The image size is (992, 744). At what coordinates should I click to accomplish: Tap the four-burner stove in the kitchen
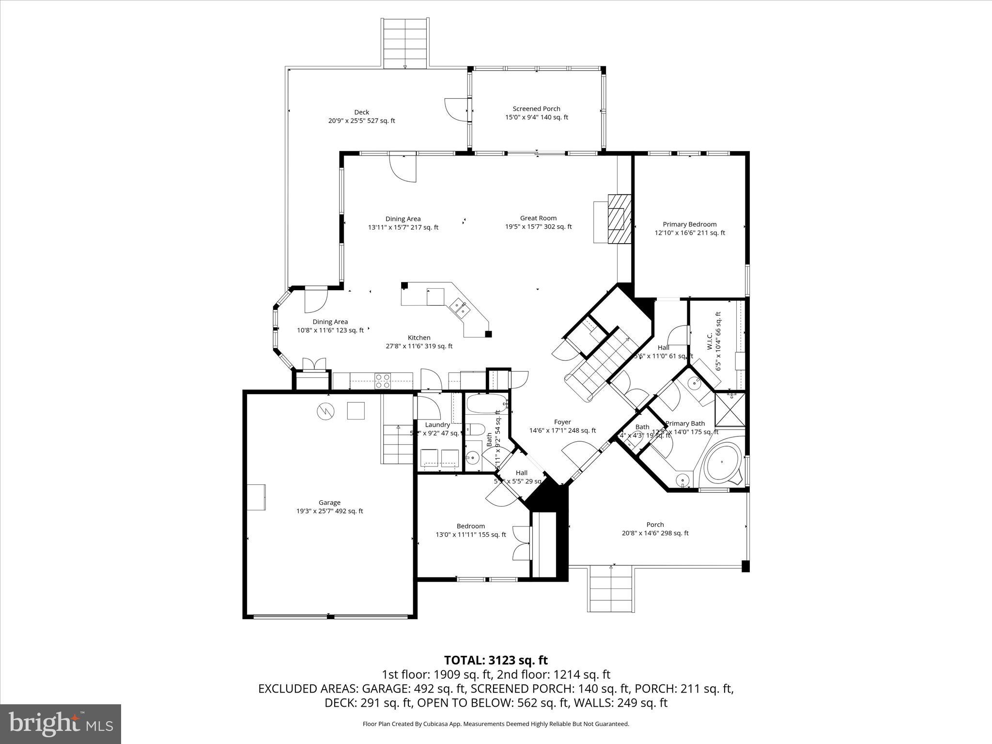[383, 381]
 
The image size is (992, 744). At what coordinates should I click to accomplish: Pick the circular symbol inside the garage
[325, 411]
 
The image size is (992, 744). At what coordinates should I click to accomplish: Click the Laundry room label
[437, 425]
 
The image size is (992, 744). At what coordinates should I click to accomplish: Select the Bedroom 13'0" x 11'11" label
[470, 530]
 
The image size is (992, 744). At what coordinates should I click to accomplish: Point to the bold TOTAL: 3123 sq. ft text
[496, 660]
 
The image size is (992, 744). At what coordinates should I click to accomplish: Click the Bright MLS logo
[61, 724]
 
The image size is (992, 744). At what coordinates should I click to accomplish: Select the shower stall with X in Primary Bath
[730, 409]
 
